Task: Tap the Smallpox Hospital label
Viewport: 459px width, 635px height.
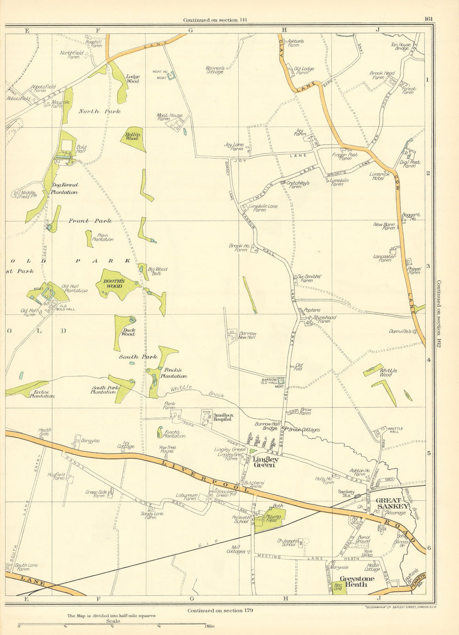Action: tap(224, 417)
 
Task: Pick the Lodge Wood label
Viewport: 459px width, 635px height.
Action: tap(133, 79)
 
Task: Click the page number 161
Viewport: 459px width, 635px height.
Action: tap(428, 19)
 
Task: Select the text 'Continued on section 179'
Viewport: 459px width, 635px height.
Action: tap(220, 610)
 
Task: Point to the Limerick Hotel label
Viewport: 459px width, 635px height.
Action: tap(380, 176)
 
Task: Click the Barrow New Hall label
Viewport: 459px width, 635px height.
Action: tap(247, 335)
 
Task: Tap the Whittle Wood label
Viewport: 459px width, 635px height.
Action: tap(388, 372)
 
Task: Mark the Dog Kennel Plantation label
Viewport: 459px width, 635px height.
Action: tap(65, 188)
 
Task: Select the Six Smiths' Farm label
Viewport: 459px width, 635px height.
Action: tap(309, 278)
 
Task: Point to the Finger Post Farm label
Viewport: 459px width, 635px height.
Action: tap(345, 157)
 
